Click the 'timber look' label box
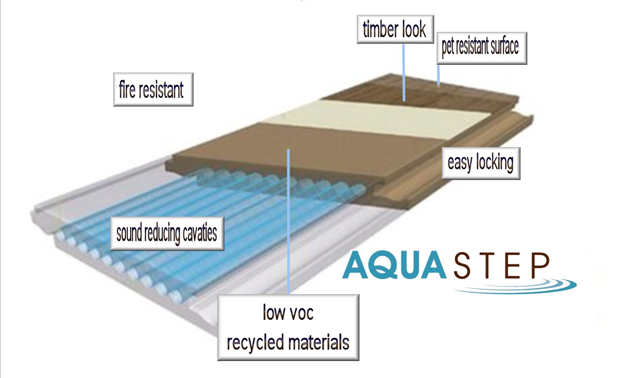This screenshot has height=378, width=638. (394, 30)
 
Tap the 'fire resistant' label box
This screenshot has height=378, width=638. (153, 89)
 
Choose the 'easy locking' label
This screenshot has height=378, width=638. (480, 164)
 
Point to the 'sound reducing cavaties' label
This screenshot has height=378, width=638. (167, 234)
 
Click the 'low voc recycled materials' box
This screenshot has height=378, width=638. (288, 328)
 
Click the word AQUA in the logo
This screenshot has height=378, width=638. (394, 265)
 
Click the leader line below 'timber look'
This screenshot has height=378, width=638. (403, 72)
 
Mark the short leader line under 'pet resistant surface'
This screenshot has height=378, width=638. (438, 75)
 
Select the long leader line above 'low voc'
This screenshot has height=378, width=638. (289, 221)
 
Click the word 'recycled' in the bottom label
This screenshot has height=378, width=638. (255, 341)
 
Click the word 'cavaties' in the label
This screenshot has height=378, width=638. (200, 235)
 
